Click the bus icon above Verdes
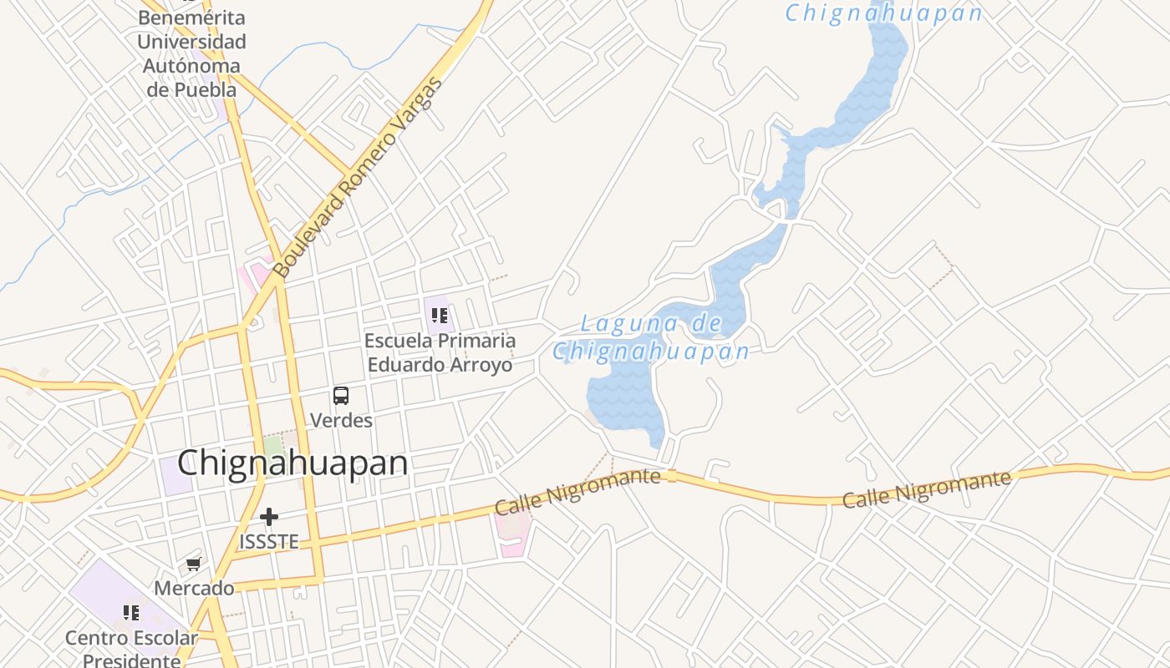click(x=341, y=396)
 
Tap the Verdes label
click(x=341, y=420)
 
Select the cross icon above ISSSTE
click(x=268, y=518)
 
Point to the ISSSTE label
click(x=268, y=542)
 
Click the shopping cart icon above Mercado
click(x=194, y=564)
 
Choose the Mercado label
click(x=194, y=589)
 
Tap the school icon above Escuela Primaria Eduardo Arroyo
click(x=440, y=316)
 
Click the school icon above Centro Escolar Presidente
click(x=131, y=614)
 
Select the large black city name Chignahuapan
click(x=292, y=463)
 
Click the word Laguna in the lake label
click(x=616, y=323)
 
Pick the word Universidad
click(x=191, y=42)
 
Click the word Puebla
click(x=204, y=89)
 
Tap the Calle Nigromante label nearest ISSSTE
click(x=577, y=491)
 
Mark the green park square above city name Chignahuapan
click(x=273, y=445)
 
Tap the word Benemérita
click(x=191, y=18)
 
